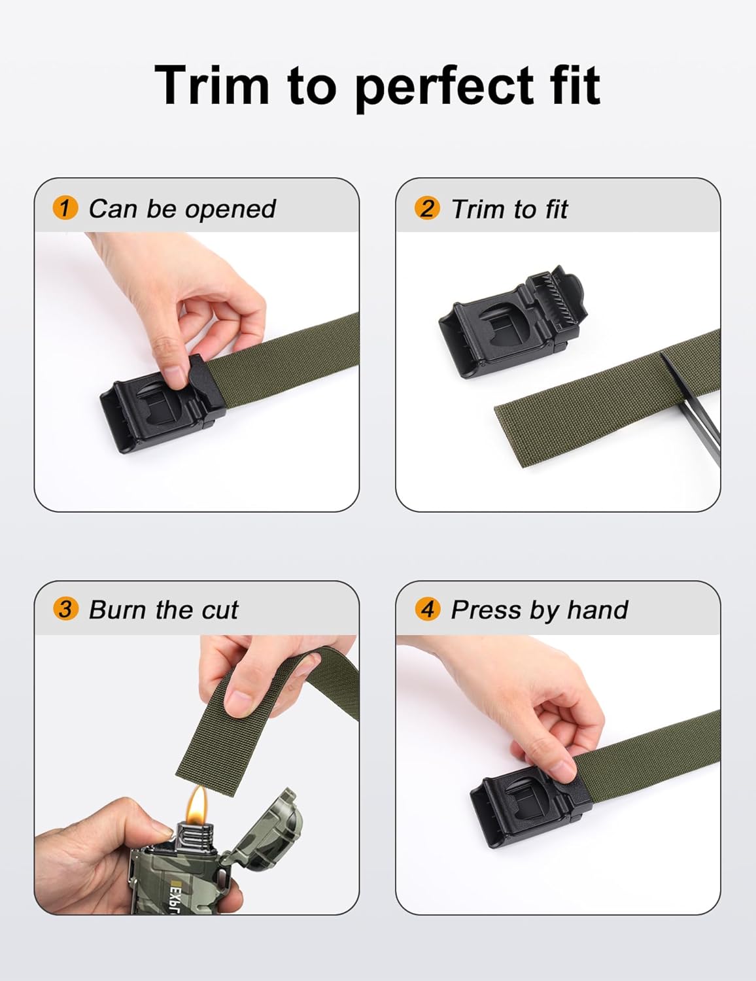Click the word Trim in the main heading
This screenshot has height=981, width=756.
coord(212,85)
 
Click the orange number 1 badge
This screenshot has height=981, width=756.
coord(65,209)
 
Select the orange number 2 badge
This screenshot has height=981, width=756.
coord(427,209)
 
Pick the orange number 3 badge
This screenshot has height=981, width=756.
coord(65,609)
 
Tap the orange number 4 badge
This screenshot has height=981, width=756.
coord(427,609)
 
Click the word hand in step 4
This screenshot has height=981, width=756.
coord(597,610)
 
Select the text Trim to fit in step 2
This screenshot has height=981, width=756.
coord(509,209)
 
